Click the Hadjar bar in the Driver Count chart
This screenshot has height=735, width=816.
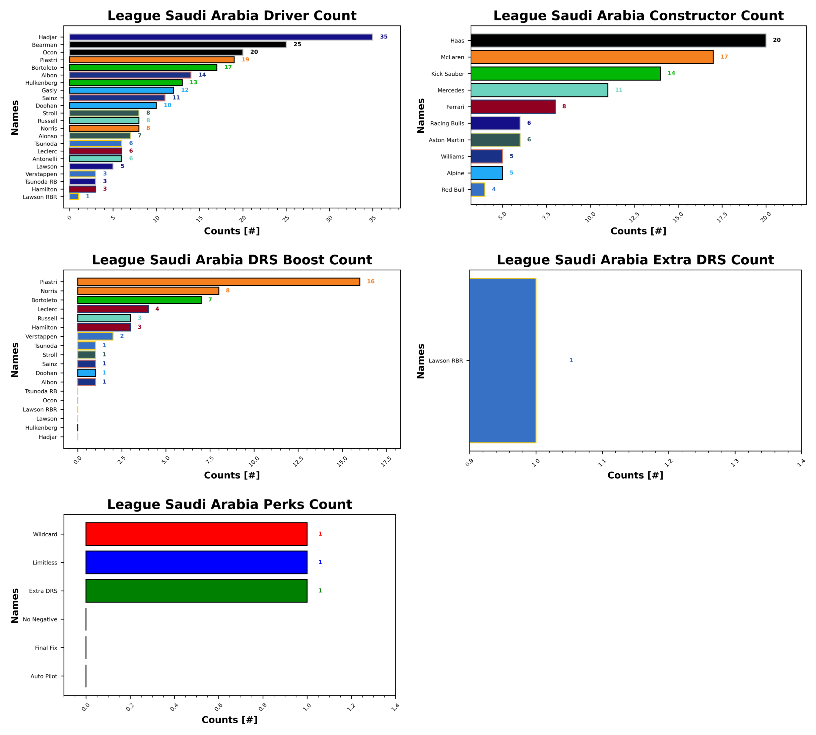[221, 37]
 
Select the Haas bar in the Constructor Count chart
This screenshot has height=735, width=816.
[618, 41]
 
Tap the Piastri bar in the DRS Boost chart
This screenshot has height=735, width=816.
[218, 282]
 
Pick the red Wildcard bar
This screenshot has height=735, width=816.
[196, 534]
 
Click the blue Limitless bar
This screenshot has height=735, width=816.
[196, 562]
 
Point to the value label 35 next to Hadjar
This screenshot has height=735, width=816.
[384, 37]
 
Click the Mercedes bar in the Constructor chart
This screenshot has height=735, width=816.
[539, 90]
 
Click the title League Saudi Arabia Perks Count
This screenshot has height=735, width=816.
[229, 505]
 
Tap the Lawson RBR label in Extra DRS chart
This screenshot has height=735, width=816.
[446, 361]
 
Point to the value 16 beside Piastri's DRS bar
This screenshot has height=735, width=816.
[371, 281]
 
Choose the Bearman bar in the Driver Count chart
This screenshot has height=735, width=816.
[178, 45]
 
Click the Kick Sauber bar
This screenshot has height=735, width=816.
[565, 73]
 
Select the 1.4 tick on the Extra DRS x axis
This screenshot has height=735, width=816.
[801, 463]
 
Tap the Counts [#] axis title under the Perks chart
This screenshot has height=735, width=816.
[229, 720]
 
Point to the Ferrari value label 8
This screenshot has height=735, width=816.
[564, 107]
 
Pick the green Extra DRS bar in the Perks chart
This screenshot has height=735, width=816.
[196, 590]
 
